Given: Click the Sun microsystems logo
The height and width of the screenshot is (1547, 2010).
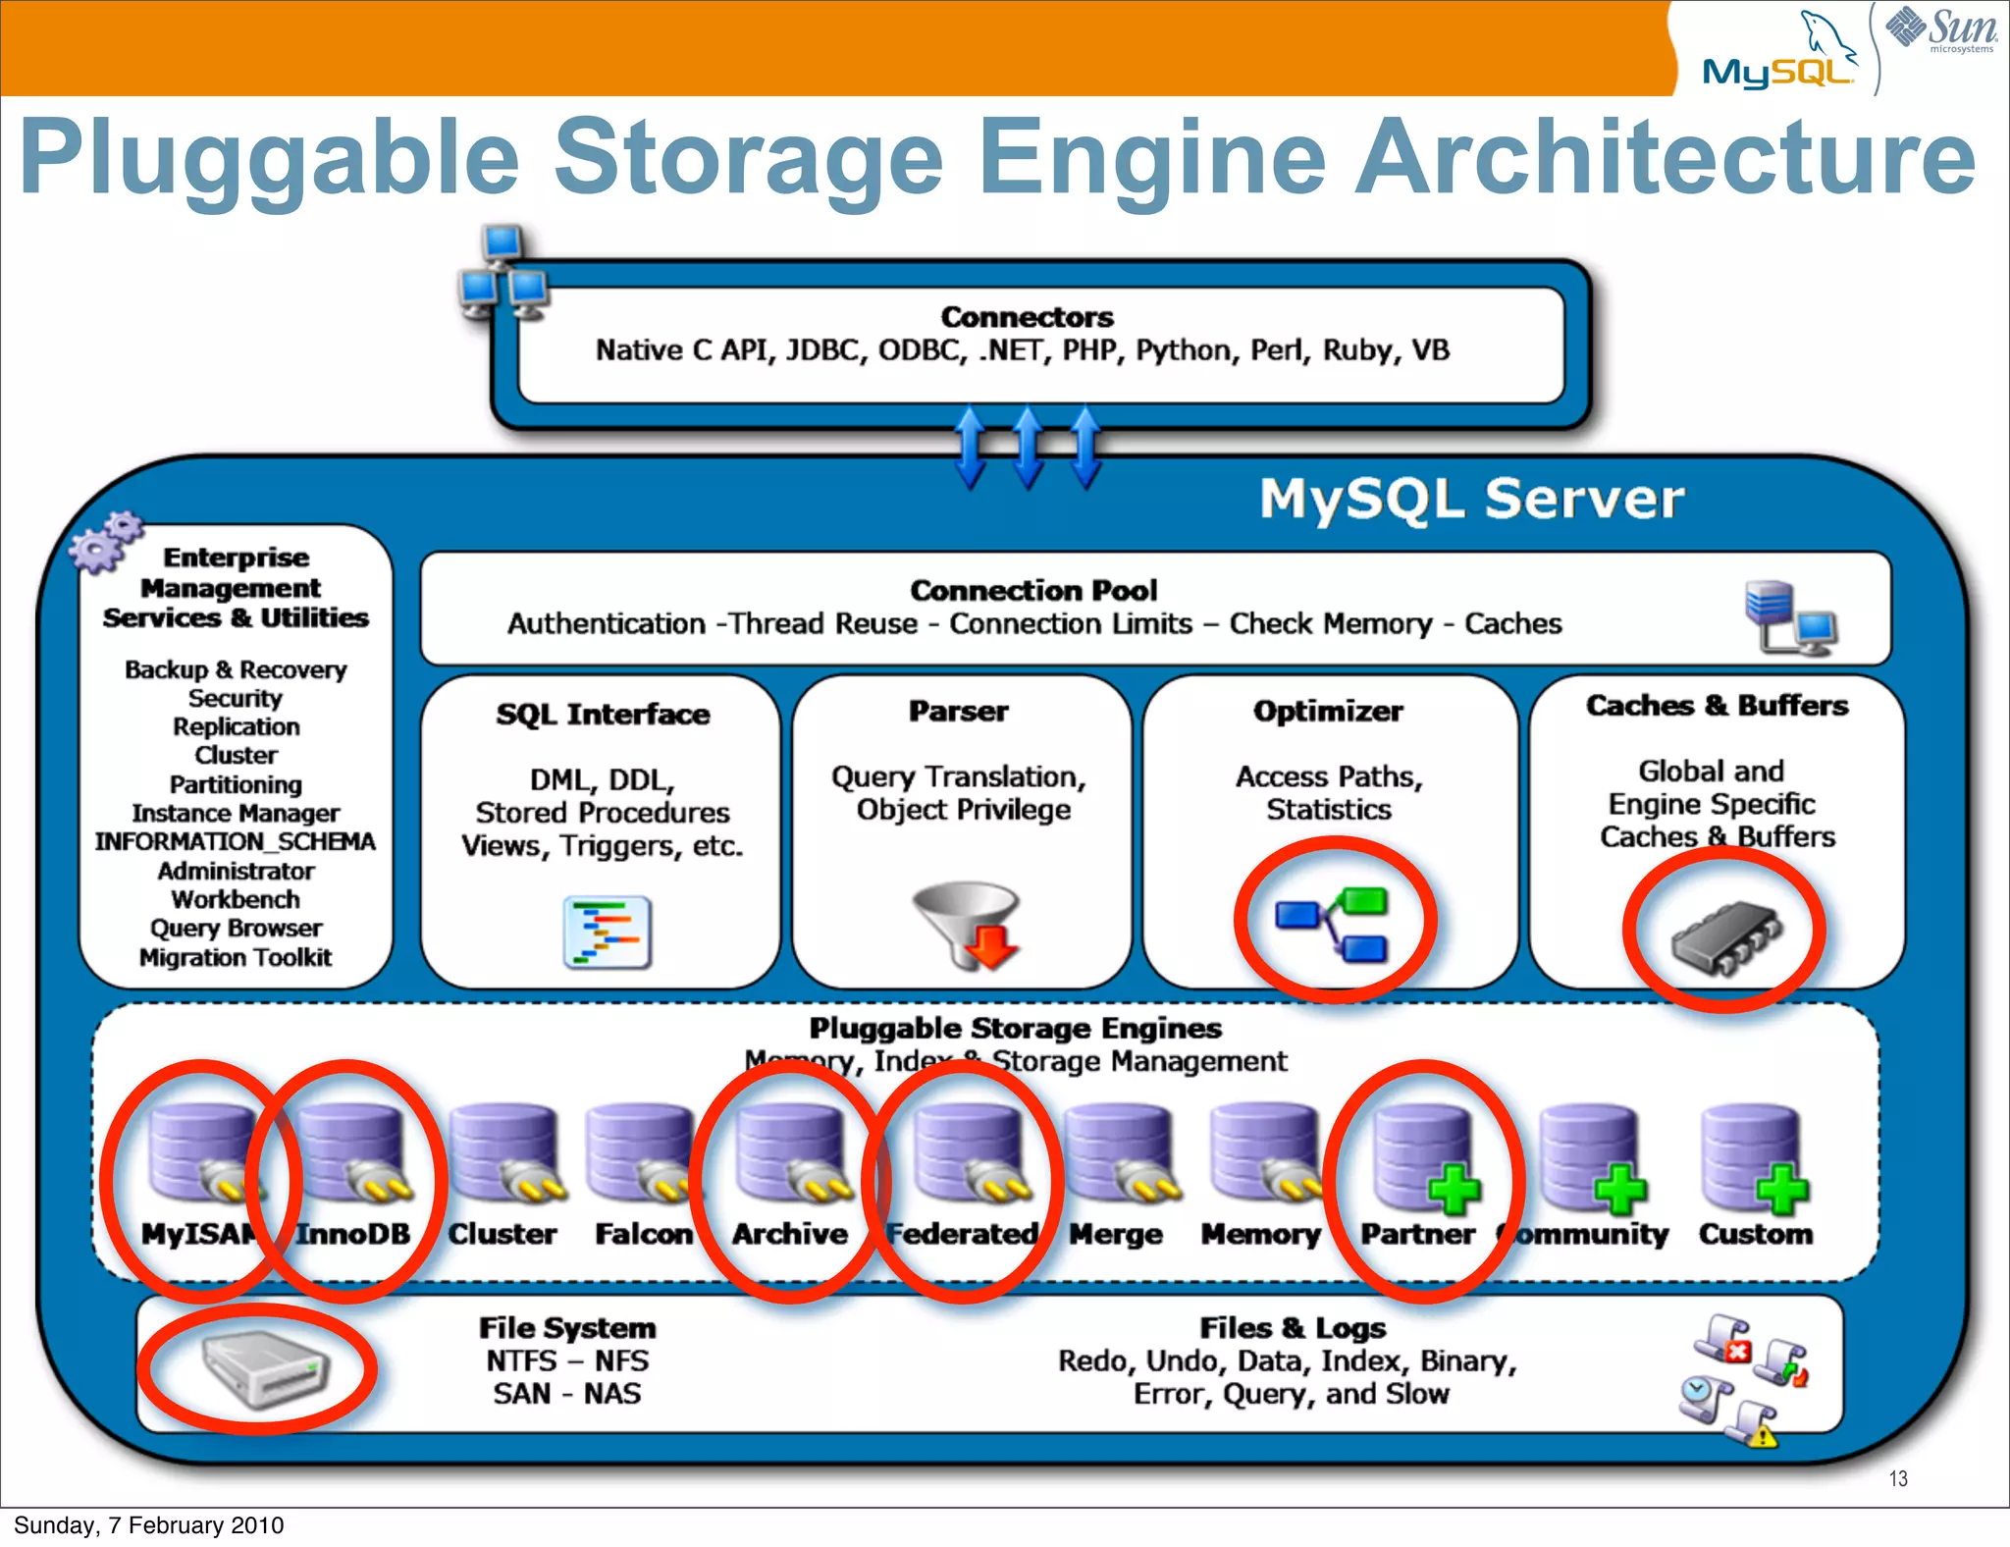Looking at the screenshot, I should (1941, 29).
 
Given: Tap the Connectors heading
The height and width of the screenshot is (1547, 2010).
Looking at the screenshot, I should (1027, 317).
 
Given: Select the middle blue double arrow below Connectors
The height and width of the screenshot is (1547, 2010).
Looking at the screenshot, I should (1028, 448).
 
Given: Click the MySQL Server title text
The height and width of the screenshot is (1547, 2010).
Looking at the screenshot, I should (1471, 499).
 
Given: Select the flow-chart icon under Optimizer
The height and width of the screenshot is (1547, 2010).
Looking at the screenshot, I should (1333, 922).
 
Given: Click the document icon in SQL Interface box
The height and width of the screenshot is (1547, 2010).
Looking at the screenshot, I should (608, 932).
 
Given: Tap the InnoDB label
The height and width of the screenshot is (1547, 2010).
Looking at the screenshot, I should (353, 1233).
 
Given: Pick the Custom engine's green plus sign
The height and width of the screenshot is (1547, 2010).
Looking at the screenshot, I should (1781, 1189).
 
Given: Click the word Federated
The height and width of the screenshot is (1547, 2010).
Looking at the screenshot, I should (962, 1233).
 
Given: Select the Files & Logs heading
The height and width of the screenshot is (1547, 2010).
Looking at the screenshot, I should (1293, 1328).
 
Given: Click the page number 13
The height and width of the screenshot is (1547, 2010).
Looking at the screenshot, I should (1898, 1479).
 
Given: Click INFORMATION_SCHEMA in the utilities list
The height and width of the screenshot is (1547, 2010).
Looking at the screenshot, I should (236, 842).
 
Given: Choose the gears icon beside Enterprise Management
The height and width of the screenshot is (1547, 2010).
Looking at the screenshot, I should (104, 541).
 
